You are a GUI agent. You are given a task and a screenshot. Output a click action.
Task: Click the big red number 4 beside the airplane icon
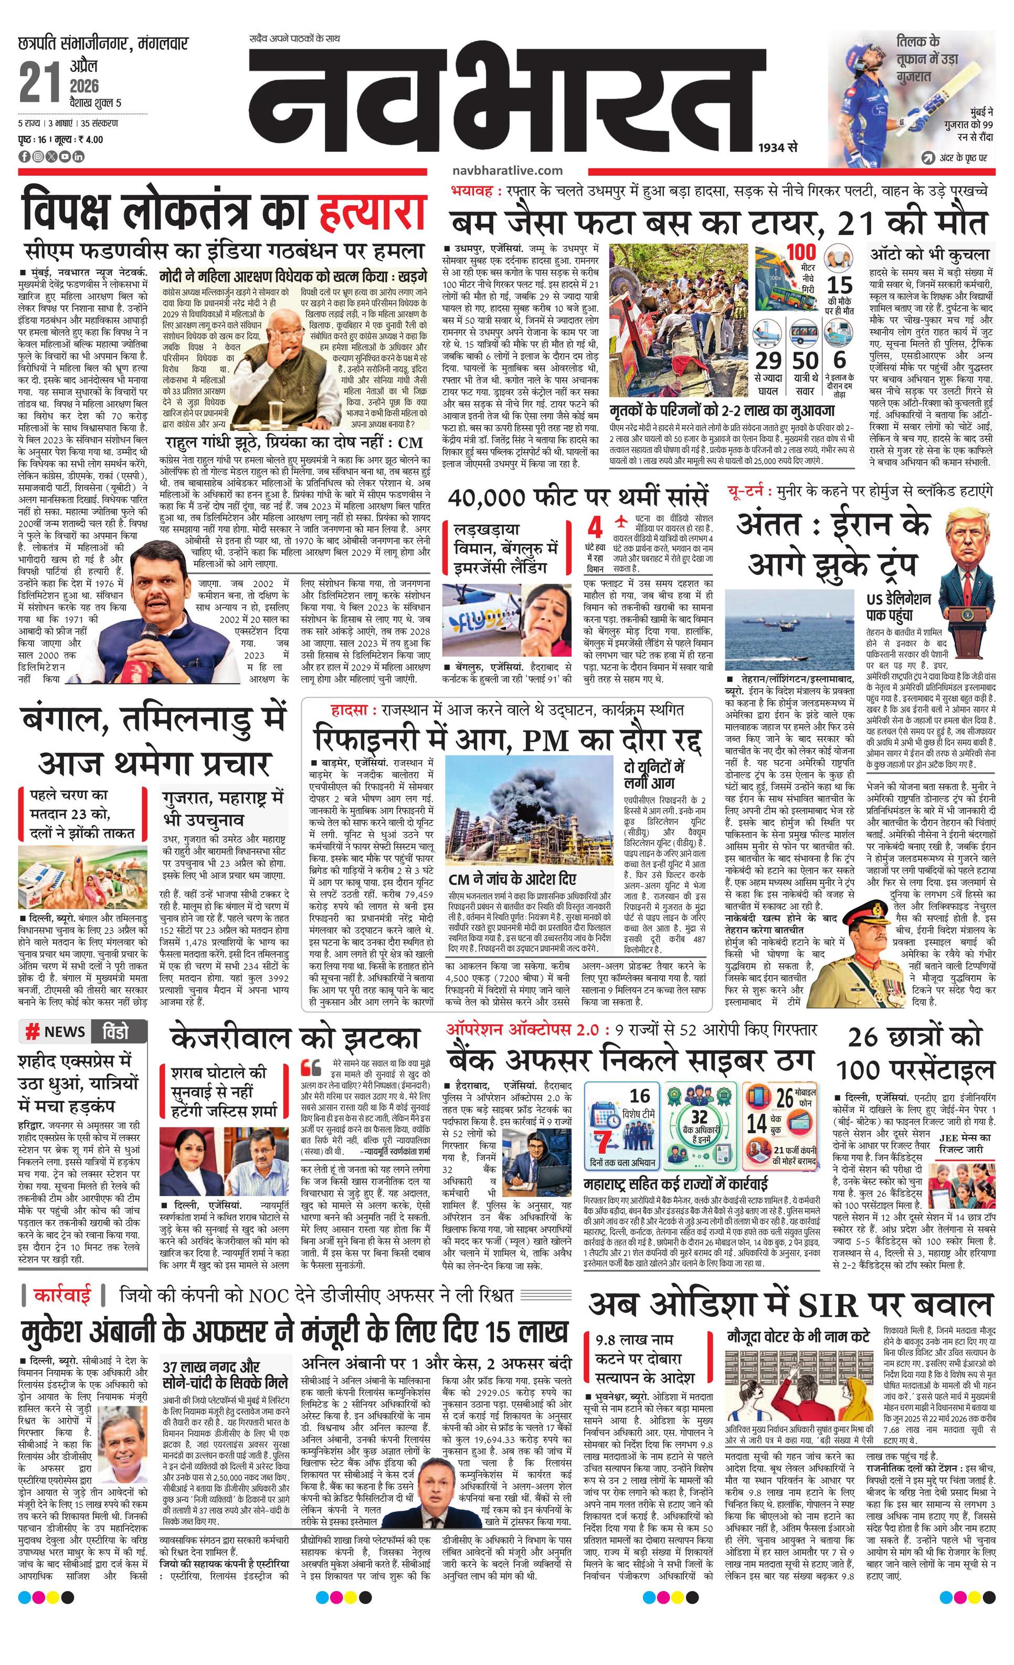[595, 528]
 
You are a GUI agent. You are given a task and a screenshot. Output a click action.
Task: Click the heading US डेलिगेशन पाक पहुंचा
[899, 607]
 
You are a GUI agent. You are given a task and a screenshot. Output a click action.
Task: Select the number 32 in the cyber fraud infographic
[699, 1116]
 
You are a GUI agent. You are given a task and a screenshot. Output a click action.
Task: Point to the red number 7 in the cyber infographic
[605, 1141]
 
